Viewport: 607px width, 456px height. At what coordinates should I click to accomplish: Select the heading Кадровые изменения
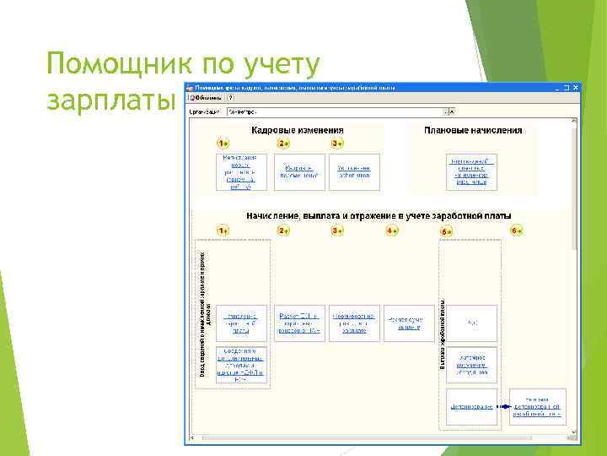click(x=298, y=131)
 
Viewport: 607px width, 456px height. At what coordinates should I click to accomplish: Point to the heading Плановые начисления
click(x=473, y=131)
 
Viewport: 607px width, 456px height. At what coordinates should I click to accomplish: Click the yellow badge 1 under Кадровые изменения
click(x=223, y=144)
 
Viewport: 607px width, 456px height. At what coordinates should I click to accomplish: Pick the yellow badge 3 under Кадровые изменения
click(x=337, y=144)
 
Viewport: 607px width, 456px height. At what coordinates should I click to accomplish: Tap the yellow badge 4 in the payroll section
click(x=393, y=231)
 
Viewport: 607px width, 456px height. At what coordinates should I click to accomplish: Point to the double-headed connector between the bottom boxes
click(x=503, y=406)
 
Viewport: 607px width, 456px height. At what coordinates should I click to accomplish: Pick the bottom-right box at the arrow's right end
click(x=538, y=406)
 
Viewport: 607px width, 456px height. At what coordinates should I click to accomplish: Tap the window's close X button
click(x=577, y=87)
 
